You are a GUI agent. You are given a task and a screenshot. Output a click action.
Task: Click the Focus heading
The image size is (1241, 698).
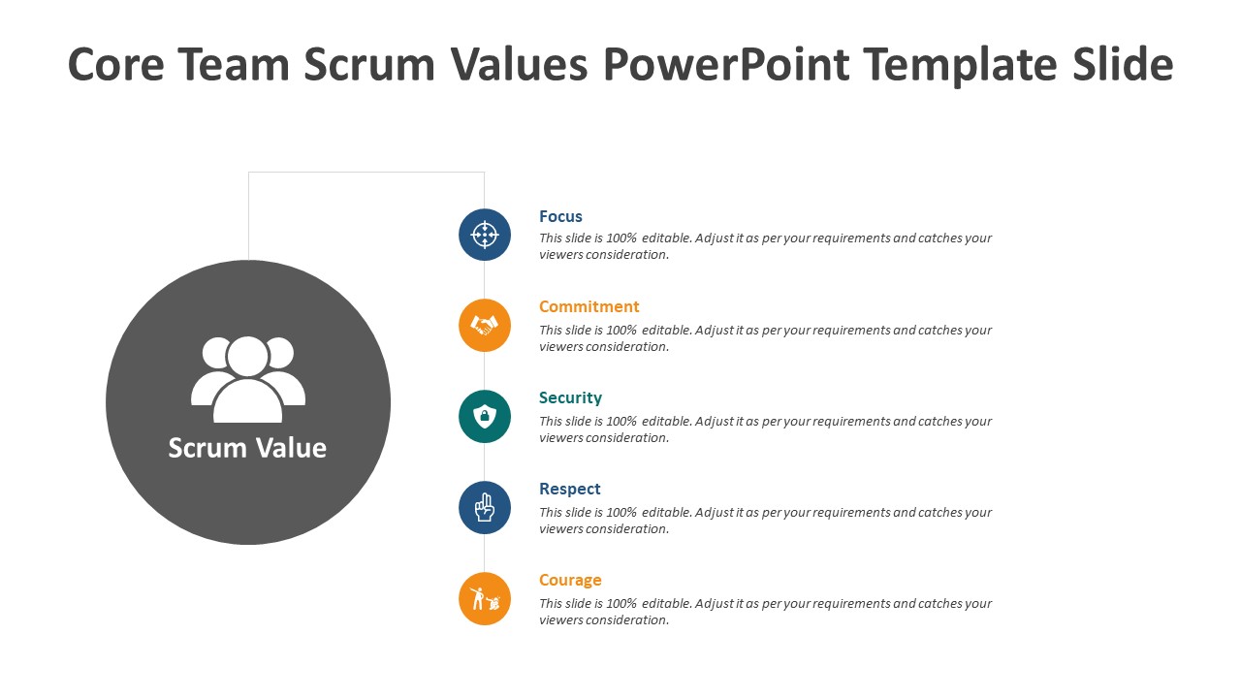(x=560, y=216)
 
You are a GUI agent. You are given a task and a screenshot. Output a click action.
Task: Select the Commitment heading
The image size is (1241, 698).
(x=589, y=306)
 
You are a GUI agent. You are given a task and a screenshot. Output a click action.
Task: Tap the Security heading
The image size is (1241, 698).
(x=570, y=397)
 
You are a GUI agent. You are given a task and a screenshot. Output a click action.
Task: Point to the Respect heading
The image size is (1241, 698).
(x=569, y=489)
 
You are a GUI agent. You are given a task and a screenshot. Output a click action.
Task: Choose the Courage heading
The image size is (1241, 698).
(x=570, y=580)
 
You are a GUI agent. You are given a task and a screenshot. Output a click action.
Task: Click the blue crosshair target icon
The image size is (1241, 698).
(x=485, y=235)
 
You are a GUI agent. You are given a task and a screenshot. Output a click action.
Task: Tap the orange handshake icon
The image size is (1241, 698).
(x=485, y=325)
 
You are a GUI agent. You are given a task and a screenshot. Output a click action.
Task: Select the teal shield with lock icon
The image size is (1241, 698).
(x=485, y=417)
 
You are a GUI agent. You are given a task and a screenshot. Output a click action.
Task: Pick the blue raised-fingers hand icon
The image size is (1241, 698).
(x=485, y=507)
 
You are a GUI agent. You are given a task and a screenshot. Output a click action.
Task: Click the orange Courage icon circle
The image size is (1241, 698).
(x=485, y=599)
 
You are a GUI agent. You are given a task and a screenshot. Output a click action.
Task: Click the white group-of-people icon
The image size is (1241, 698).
(x=247, y=380)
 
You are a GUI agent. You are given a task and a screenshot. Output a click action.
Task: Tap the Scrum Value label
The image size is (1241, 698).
(x=247, y=448)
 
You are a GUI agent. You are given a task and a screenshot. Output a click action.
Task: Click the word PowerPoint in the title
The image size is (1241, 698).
(x=726, y=65)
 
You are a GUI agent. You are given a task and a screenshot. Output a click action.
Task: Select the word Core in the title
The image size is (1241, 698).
(x=115, y=65)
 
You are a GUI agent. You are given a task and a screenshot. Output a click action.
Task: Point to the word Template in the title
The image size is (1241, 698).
(x=961, y=65)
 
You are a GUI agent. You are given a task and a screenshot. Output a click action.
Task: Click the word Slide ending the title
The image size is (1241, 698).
(x=1123, y=64)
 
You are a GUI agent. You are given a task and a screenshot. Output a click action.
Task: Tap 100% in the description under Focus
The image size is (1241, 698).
(x=621, y=238)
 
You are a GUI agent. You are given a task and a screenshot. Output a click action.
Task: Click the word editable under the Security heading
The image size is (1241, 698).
(x=667, y=422)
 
